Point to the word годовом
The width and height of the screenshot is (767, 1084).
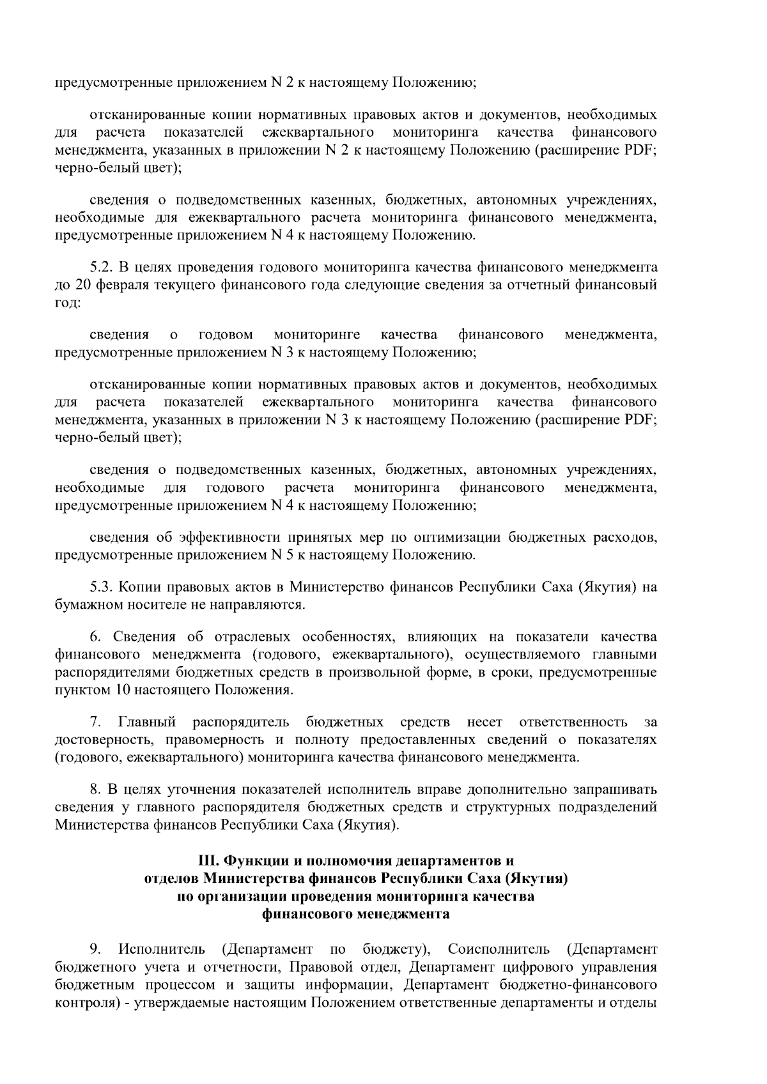tap(226, 334)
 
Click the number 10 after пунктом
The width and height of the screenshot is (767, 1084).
tap(123, 690)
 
